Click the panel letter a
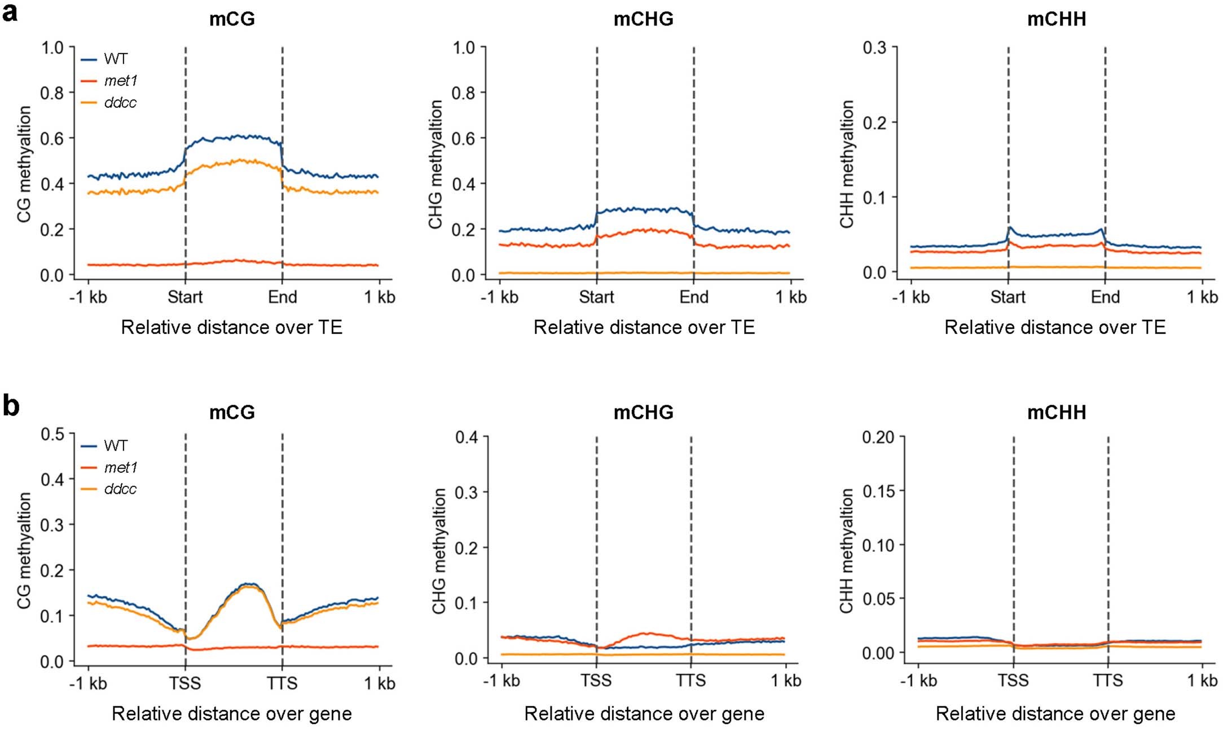point(10,12)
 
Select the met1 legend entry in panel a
point(120,81)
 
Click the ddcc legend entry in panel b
point(120,489)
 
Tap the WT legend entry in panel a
point(116,59)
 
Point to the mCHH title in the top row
point(1056,19)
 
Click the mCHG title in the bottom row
point(643,412)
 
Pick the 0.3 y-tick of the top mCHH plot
point(874,48)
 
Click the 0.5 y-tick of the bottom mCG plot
point(52,434)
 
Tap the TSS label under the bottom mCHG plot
point(596,681)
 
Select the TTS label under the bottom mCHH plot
point(1107,681)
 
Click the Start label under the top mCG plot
point(185,297)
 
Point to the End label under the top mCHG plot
point(694,297)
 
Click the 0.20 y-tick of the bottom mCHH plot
point(878,437)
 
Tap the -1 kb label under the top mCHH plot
point(910,297)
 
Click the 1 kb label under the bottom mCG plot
point(379,683)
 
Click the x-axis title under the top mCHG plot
point(644,327)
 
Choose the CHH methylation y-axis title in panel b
point(846,551)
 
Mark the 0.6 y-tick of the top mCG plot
point(52,138)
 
